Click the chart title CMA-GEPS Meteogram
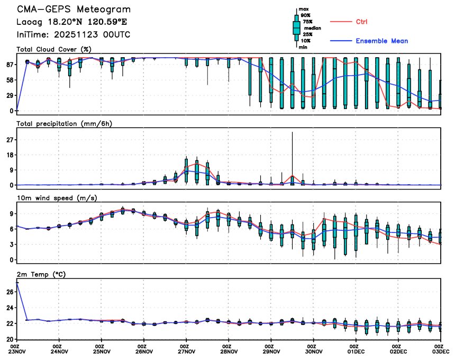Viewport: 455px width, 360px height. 74,10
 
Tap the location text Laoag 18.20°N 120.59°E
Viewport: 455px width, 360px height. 72,22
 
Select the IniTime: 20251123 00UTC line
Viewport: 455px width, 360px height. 74,34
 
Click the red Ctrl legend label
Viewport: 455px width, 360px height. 361,22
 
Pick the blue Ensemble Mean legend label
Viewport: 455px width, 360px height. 381,41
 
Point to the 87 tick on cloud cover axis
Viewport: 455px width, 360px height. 9,64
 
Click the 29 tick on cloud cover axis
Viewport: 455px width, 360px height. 9,95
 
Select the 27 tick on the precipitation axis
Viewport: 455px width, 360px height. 9,140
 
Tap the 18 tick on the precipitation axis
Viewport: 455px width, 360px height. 9,155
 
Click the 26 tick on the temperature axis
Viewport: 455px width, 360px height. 9,292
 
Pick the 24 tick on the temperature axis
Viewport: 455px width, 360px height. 9,308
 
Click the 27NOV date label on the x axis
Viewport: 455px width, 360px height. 186,351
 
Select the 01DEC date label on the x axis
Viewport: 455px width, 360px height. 356,351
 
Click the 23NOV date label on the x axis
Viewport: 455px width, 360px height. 17,351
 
